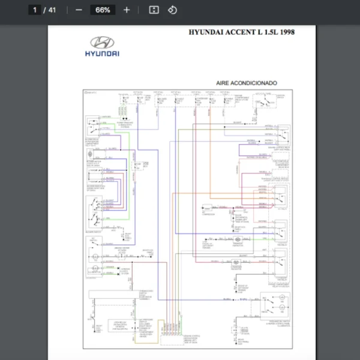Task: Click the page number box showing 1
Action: point(35,10)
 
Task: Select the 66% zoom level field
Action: point(103,10)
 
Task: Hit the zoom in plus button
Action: point(126,10)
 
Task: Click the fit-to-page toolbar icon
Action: point(154,10)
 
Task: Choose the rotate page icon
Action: point(172,10)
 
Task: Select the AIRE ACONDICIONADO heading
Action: point(247,83)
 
